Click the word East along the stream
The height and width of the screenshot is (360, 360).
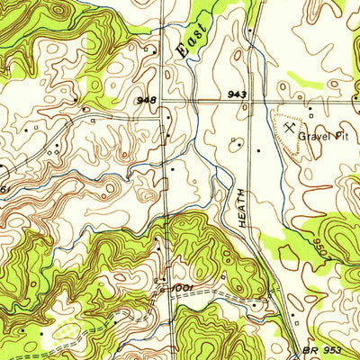(x=190, y=41)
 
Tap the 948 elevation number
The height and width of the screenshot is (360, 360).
(x=148, y=100)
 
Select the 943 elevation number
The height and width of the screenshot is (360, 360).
(x=237, y=94)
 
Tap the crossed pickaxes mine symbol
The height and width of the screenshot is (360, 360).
(x=287, y=129)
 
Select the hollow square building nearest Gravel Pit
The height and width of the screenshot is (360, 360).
(x=310, y=112)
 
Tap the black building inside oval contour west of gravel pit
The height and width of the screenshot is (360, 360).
(x=241, y=141)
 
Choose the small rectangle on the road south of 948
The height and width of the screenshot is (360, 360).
(x=165, y=184)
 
